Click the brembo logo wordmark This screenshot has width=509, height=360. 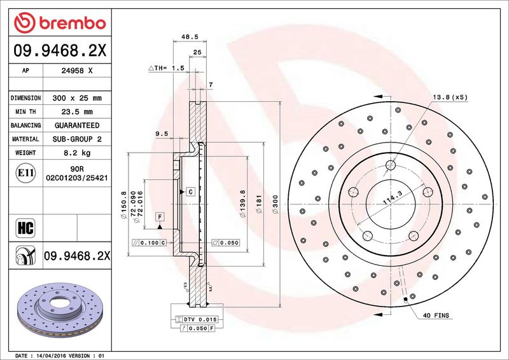tap(73, 23)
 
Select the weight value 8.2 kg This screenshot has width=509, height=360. tap(77, 153)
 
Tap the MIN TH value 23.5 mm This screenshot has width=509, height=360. tap(77, 112)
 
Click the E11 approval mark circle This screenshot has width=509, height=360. tap(25, 173)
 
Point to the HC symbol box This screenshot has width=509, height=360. tap(25, 228)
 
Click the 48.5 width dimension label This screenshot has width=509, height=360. tap(190, 37)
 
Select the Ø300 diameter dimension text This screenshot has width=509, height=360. tap(275, 204)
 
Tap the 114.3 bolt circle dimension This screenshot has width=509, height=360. tap(393, 197)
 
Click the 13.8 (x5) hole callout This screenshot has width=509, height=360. tap(450, 97)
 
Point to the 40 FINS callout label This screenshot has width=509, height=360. tap(436, 315)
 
